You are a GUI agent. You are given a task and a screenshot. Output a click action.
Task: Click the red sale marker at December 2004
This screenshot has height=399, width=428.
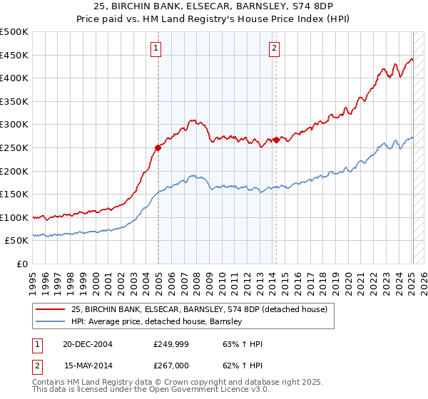pyautogui.click(x=158, y=148)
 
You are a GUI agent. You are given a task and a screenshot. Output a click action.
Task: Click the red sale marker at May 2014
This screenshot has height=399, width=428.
pyautogui.click(x=276, y=140)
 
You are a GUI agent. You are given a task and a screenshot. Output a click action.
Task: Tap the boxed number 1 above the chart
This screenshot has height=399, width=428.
pyautogui.click(x=156, y=48)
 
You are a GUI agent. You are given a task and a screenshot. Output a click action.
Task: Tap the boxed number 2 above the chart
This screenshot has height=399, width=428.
pyautogui.click(x=274, y=48)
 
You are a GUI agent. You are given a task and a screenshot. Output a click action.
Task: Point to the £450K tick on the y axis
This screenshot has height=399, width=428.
pyautogui.click(x=14, y=55)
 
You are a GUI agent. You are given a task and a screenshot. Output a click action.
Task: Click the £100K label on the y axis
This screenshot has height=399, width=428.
pyautogui.click(x=14, y=217)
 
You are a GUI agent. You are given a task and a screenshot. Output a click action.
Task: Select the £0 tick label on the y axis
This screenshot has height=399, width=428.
pyautogui.click(x=21, y=264)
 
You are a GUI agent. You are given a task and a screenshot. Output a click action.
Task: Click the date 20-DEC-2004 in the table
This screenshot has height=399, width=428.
pyautogui.click(x=88, y=344)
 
